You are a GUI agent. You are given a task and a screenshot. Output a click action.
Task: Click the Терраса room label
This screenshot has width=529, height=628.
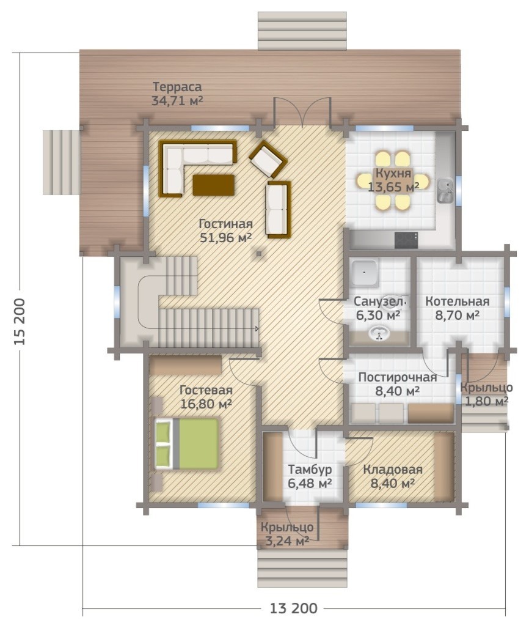coord(177,86)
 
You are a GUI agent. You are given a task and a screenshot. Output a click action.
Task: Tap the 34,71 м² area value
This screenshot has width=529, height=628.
coord(177,100)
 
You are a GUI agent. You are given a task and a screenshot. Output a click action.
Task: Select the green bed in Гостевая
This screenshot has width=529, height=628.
coord(186,443)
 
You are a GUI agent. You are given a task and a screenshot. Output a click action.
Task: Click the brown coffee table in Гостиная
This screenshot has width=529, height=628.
coord(214,185)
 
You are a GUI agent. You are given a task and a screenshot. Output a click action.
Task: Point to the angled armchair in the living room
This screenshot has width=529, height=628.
coord(268,159)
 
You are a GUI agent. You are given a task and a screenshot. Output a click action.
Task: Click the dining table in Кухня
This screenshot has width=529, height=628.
coord(393,180)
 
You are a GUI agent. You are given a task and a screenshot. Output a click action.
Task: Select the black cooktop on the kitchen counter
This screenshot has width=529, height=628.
coord(406,240)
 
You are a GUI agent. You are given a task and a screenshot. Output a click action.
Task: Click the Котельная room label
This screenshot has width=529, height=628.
coord(457,301)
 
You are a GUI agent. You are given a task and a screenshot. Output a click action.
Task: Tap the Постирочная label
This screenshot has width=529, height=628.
coord(397,377)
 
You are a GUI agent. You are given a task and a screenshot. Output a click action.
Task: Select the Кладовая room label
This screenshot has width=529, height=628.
coord(393,470)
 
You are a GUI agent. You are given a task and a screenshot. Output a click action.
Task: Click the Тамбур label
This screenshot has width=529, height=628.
coord(310,469)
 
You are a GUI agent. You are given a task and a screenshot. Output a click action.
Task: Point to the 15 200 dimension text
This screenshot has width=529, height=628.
coord(20,322)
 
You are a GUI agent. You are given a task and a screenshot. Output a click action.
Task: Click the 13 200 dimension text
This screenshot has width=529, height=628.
coord(293,608)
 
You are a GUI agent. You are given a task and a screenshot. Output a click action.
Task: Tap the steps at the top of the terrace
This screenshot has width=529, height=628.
coord(302,31)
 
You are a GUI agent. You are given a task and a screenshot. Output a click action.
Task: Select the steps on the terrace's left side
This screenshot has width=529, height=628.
coord(62,162)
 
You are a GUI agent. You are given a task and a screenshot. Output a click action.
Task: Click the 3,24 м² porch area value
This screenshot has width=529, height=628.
coord(287,541)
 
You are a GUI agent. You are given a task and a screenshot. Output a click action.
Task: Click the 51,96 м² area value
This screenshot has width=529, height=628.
coord(225,237)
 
